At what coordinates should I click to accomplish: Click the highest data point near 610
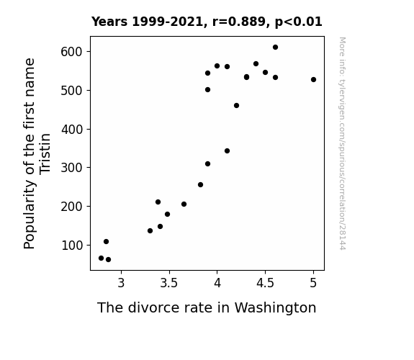pyautogui.click(x=275, y=48)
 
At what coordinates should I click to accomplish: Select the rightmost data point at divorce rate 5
pyautogui.click(x=313, y=79)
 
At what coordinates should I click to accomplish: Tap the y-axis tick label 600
pyautogui.click(x=71, y=52)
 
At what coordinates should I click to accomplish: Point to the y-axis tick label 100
pyautogui.click(x=71, y=246)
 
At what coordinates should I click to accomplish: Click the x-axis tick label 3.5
pyautogui.click(x=169, y=283)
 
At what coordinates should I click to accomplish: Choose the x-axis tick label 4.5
pyautogui.click(x=265, y=283)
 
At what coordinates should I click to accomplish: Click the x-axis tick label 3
pyautogui.click(x=121, y=283)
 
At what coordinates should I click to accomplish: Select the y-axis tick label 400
pyautogui.click(x=71, y=130)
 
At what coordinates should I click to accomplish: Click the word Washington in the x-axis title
pyautogui.click(x=275, y=308)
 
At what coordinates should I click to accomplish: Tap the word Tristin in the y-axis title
pyautogui.click(x=45, y=154)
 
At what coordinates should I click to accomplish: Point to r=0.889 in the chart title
pyautogui.click(x=239, y=22)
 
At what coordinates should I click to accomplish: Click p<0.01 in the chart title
pyautogui.click(x=298, y=22)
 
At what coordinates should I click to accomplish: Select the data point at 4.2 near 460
pyautogui.click(x=236, y=106)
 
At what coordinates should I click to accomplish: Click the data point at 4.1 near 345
pyautogui.click(x=227, y=150)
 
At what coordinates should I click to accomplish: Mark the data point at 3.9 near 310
pyautogui.click(x=207, y=163)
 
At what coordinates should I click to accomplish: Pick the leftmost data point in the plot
pyautogui.click(x=101, y=258)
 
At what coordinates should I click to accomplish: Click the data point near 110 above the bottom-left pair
pyautogui.click(x=106, y=241)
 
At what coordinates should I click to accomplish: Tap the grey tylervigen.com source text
pyautogui.click(x=342, y=143)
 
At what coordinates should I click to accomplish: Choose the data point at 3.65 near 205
pyautogui.click(x=184, y=204)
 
